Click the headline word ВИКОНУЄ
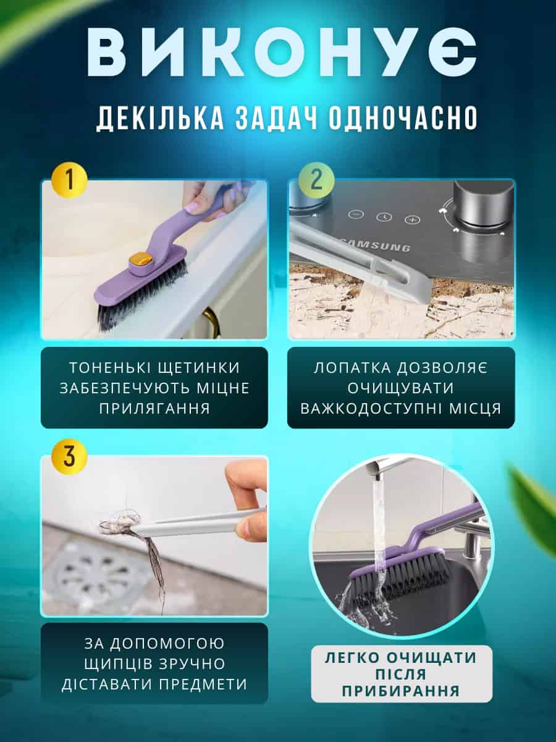click(282, 53)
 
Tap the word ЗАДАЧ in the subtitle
click(277, 117)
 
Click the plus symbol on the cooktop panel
click(412, 220)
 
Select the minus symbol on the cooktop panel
click(356, 214)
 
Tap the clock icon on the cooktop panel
click(384, 216)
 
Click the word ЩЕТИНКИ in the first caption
click(196, 368)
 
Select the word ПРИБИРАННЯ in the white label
click(401, 691)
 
